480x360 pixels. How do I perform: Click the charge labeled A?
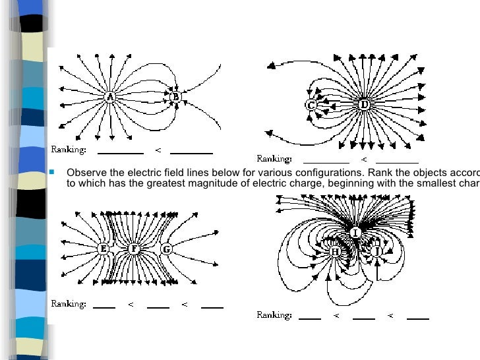pos(109,97)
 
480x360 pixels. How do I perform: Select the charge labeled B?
pos(175,97)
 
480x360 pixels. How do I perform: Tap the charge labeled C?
pos(311,105)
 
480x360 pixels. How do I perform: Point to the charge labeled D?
pos(364,104)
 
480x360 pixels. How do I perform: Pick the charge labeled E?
pos(104,249)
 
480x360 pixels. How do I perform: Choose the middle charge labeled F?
pos(135,249)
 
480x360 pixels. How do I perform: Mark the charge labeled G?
pos(166,249)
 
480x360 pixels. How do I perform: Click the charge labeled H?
pos(334,251)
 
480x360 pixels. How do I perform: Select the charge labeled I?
pos(355,233)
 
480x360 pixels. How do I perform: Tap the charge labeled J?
pos(377,251)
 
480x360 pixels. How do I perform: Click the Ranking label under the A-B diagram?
pos(69,150)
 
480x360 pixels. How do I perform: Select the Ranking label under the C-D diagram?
pos(274,159)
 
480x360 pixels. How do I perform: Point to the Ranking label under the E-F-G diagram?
pos(69,304)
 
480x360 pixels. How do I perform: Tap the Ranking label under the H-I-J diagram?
pos(274,315)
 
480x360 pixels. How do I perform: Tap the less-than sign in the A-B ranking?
pos(158,151)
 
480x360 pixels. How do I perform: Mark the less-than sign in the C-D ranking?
pos(363,160)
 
